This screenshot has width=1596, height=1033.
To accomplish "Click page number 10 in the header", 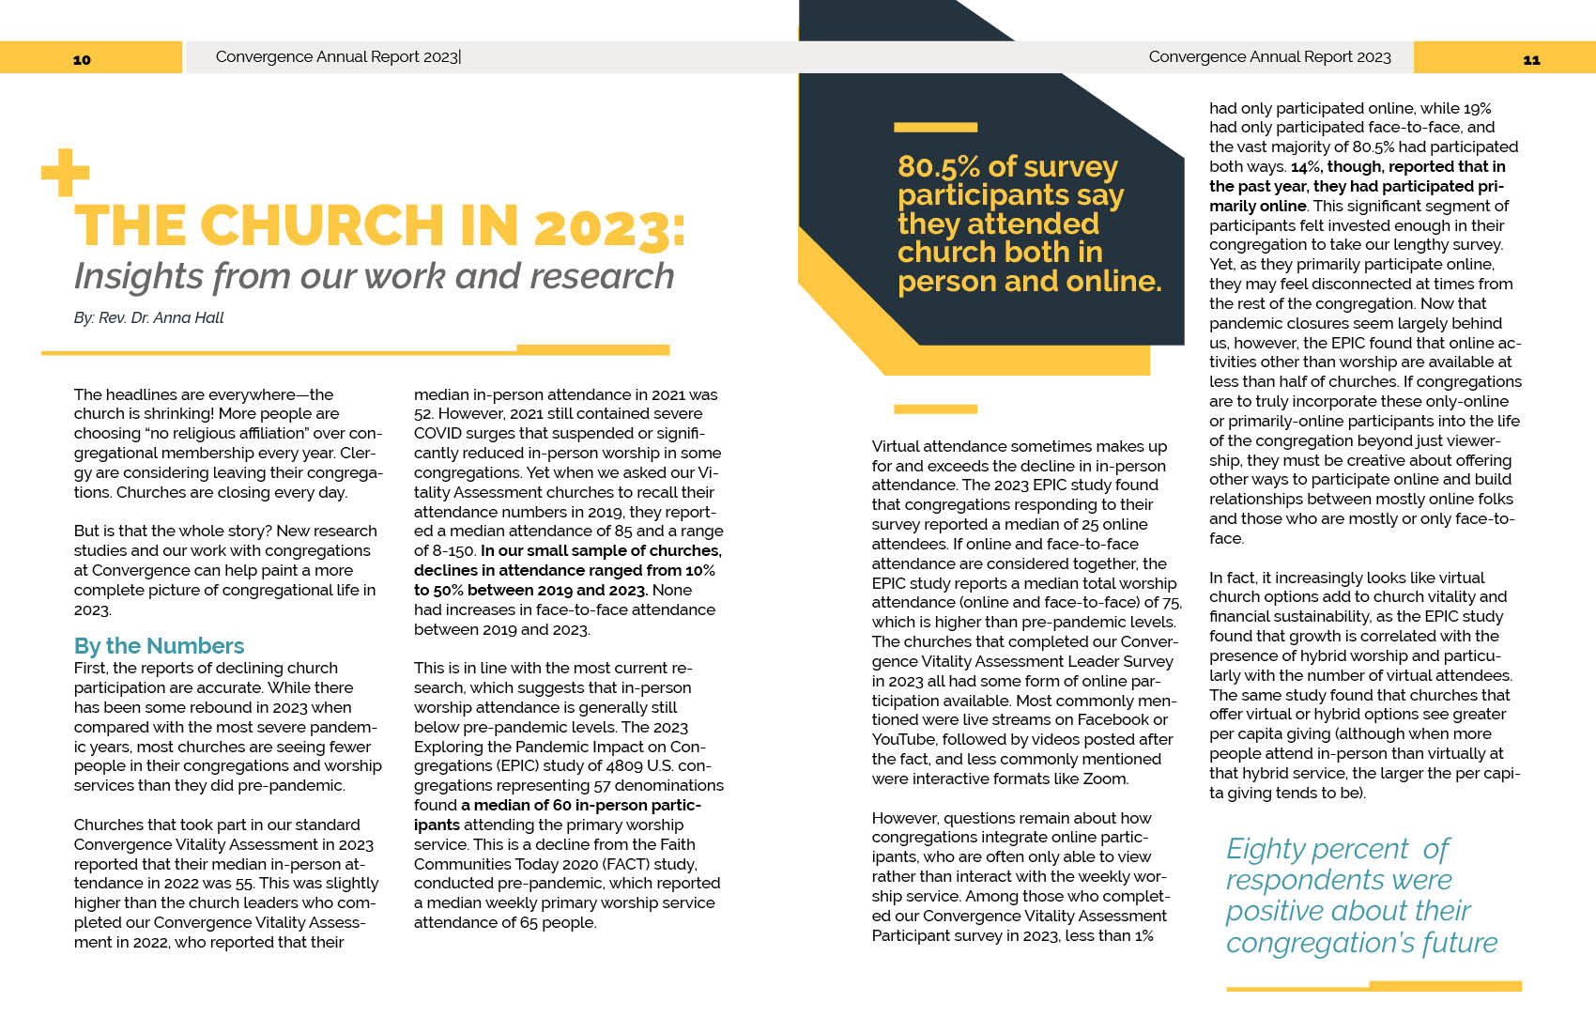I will click(x=82, y=59).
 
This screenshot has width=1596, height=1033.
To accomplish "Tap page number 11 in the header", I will click(x=1531, y=59).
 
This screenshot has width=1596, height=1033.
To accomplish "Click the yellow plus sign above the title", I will click(x=65, y=173).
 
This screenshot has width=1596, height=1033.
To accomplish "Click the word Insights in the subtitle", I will click(x=138, y=276).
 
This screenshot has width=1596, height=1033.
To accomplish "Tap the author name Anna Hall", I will click(x=188, y=317).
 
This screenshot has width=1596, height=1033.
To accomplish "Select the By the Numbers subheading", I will click(x=159, y=646).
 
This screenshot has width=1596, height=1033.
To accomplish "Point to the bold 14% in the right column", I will click(x=1305, y=167).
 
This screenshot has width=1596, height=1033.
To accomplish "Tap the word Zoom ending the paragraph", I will click(x=1104, y=779).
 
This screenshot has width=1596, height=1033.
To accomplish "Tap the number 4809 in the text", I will click(x=624, y=766).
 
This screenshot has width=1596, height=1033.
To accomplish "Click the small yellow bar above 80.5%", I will click(x=935, y=127).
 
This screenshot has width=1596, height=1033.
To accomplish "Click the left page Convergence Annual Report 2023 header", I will click(x=337, y=57).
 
